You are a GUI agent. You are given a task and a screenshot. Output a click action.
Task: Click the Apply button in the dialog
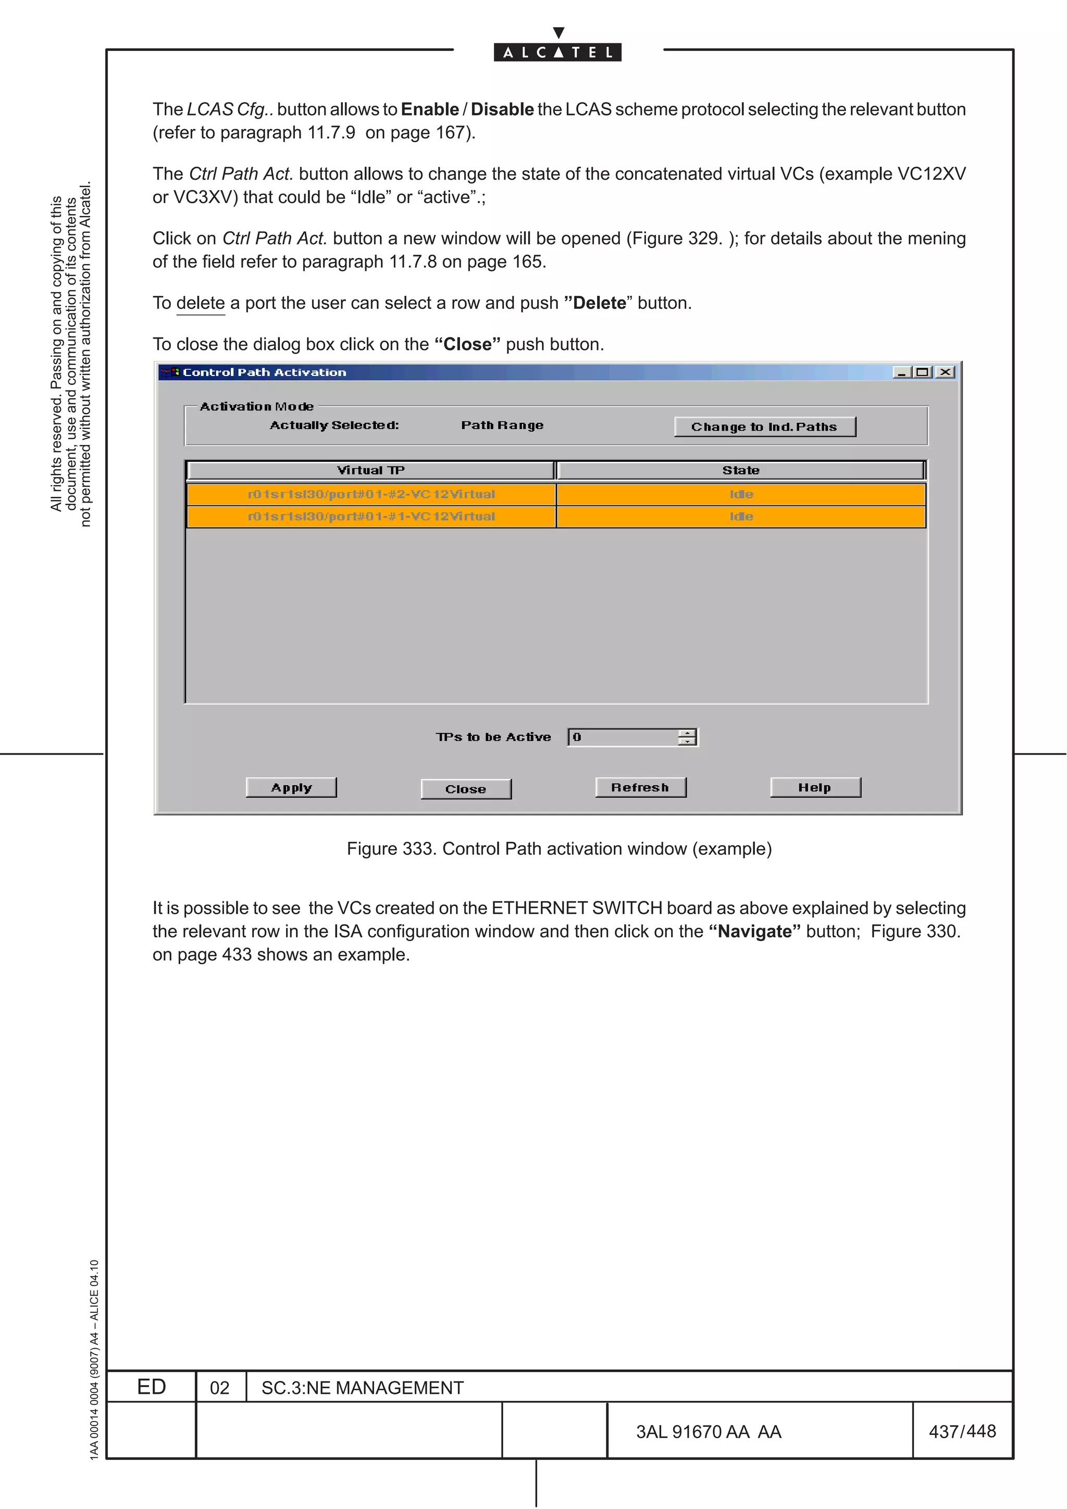(291, 787)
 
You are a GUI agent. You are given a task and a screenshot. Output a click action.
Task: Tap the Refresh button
(640, 787)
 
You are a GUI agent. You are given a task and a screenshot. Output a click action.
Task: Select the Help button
(815, 787)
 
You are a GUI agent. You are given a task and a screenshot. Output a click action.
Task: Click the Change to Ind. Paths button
(765, 426)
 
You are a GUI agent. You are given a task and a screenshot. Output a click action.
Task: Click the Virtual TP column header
(371, 470)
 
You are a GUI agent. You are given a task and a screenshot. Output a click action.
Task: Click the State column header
(741, 470)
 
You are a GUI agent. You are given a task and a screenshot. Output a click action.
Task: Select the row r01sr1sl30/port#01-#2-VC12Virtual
(371, 494)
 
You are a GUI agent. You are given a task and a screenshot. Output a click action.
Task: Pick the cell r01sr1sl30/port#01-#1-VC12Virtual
(371, 517)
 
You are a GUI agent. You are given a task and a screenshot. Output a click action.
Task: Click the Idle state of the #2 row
(741, 494)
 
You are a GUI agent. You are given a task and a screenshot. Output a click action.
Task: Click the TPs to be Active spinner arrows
(687, 737)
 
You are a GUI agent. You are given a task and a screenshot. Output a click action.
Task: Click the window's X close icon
(946, 372)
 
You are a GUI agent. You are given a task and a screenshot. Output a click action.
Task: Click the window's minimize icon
(901, 372)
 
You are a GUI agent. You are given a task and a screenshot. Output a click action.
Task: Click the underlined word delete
(201, 303)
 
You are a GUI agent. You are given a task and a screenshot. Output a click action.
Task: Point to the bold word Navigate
(755, 932)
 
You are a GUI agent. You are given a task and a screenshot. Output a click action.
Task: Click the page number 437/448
(962, 1431)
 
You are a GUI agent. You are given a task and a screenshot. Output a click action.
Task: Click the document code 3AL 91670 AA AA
(709, 1432)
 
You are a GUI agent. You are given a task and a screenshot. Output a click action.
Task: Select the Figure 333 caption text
(559, 848)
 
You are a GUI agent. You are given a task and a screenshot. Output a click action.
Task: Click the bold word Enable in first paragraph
(430, 109)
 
